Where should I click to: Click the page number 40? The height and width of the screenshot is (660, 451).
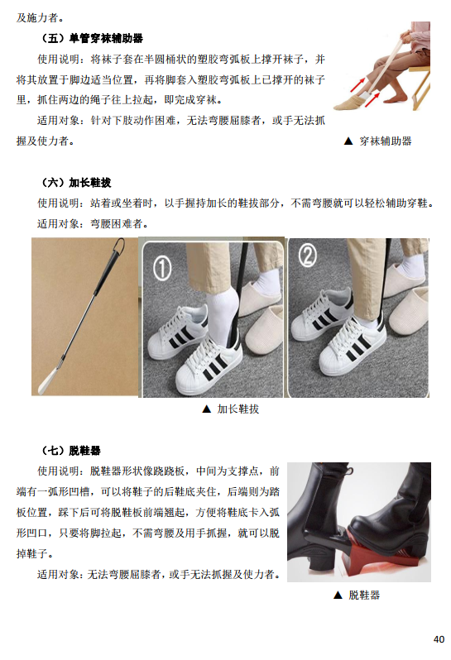pyautogui.click(x=439, y=639)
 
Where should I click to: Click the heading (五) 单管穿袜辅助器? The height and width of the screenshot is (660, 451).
pyautogui.click(x=92, y=38)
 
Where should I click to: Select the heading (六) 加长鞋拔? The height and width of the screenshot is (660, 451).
pyautogui.click(x=76, y=182)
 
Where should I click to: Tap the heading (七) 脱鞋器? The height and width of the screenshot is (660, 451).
pyautogui.click(x=71, y=451)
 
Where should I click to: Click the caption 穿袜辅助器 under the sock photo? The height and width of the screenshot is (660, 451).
pyautogui.click(x=386, y=141)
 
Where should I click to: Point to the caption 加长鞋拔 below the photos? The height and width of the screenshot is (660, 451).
pyautogui.click(x=238, y=409)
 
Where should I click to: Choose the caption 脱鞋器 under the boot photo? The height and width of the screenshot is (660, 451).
pyautogui.click(x=364, y=595)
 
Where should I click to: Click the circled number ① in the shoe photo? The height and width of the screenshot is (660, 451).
pyautogui.click(x=162, y=269)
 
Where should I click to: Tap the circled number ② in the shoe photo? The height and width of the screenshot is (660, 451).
pyautogui.click(x=307, y=255)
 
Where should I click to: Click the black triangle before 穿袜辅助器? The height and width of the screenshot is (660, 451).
pyautogui.click(x=348, y=141)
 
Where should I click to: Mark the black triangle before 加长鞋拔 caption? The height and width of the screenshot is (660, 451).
pyautogui.click(x=206, y=409)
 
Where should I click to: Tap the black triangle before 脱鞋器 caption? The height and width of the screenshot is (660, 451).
pyautogui.click(x=338, y=595)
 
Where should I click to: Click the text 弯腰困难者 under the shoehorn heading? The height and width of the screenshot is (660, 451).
pyautogui.click(x=117, y=223)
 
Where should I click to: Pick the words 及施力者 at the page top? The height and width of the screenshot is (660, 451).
pyautogui.click(x=37, y=17)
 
